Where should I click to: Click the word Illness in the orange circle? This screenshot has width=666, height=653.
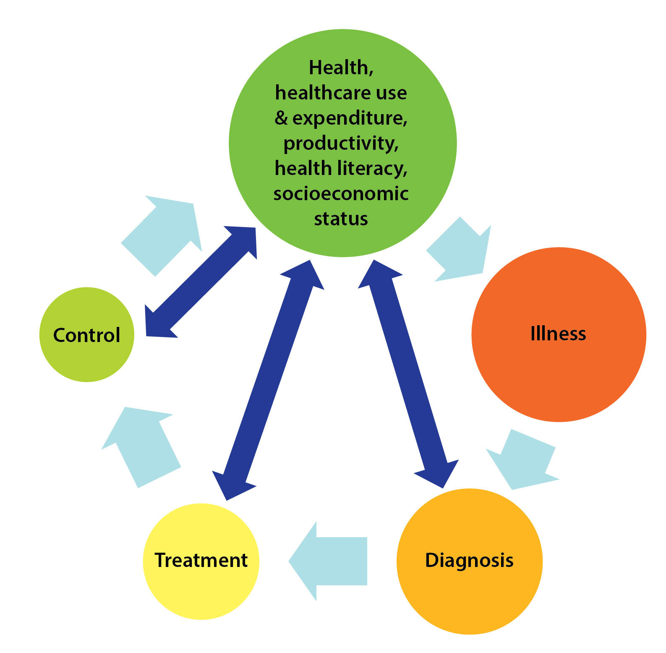tap(558, 334)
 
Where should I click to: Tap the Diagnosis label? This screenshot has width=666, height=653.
tap(469, 561)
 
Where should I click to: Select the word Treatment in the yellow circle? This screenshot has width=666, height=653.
tap(201, 560)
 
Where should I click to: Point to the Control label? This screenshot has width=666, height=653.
tap(86, 335)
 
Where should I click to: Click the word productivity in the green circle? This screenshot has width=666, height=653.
tap(341, 144)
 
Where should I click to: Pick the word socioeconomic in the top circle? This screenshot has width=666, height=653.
tap(341, 194)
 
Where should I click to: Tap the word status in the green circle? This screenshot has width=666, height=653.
tap(341, 219)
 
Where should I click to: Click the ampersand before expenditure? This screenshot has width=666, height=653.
tap(281, 118)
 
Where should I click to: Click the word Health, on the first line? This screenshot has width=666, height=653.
tap(341, 68)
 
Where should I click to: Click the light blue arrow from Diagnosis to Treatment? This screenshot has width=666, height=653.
tap(329, 561)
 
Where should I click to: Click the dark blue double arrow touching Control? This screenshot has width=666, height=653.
tap(201, 282)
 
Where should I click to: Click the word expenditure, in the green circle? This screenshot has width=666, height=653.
tap(349, 118)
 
